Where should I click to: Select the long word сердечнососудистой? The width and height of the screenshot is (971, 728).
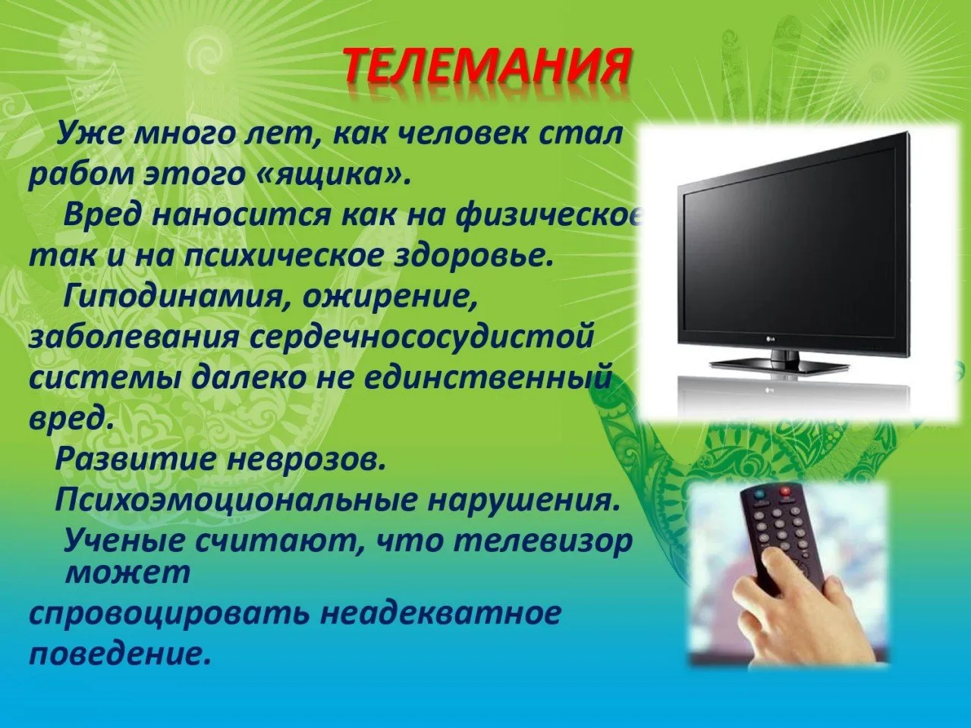422,337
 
